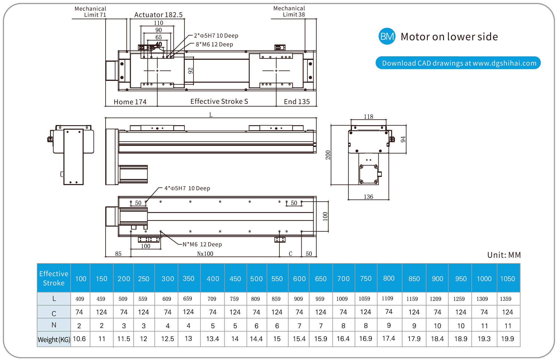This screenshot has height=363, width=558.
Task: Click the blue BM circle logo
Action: click(x=387, y=36)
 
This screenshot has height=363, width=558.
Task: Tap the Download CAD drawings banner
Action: click(x=458, y=63)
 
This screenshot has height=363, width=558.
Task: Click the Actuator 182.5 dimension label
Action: click(x=158, y=15)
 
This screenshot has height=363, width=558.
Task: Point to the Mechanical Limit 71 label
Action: click(x=90, y=12)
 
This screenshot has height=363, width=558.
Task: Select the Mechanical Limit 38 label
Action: click(x=289, y=11)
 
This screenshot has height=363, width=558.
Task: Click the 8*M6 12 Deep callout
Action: click(x=214, y=44)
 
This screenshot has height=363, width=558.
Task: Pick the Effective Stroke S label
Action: click(x=219, y=102)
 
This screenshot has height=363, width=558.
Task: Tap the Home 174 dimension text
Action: click(x=130, y=102)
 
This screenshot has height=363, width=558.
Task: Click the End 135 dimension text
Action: click(x=297, y=102)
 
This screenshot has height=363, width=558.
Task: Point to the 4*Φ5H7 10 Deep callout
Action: click(x=187, y=188)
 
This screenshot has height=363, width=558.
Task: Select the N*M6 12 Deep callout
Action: click(x=202, y=244)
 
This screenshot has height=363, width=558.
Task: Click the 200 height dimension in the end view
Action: click(x=328, y=155)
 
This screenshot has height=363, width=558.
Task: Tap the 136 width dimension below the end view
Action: click(x=368, y=197)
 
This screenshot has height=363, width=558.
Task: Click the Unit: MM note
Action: click(x=504, y=255)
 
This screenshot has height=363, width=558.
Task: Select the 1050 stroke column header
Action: click(x=507, y=279)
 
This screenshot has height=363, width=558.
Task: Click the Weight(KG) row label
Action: click(x=54, y=339)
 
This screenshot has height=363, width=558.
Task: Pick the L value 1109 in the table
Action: click(x=387, y=298)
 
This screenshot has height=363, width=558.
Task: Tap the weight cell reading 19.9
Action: click(x=507, y=339)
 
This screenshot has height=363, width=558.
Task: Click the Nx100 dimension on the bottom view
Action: click(x=205, y=254)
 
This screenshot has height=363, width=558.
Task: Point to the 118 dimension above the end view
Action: click(x=368, y=116)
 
